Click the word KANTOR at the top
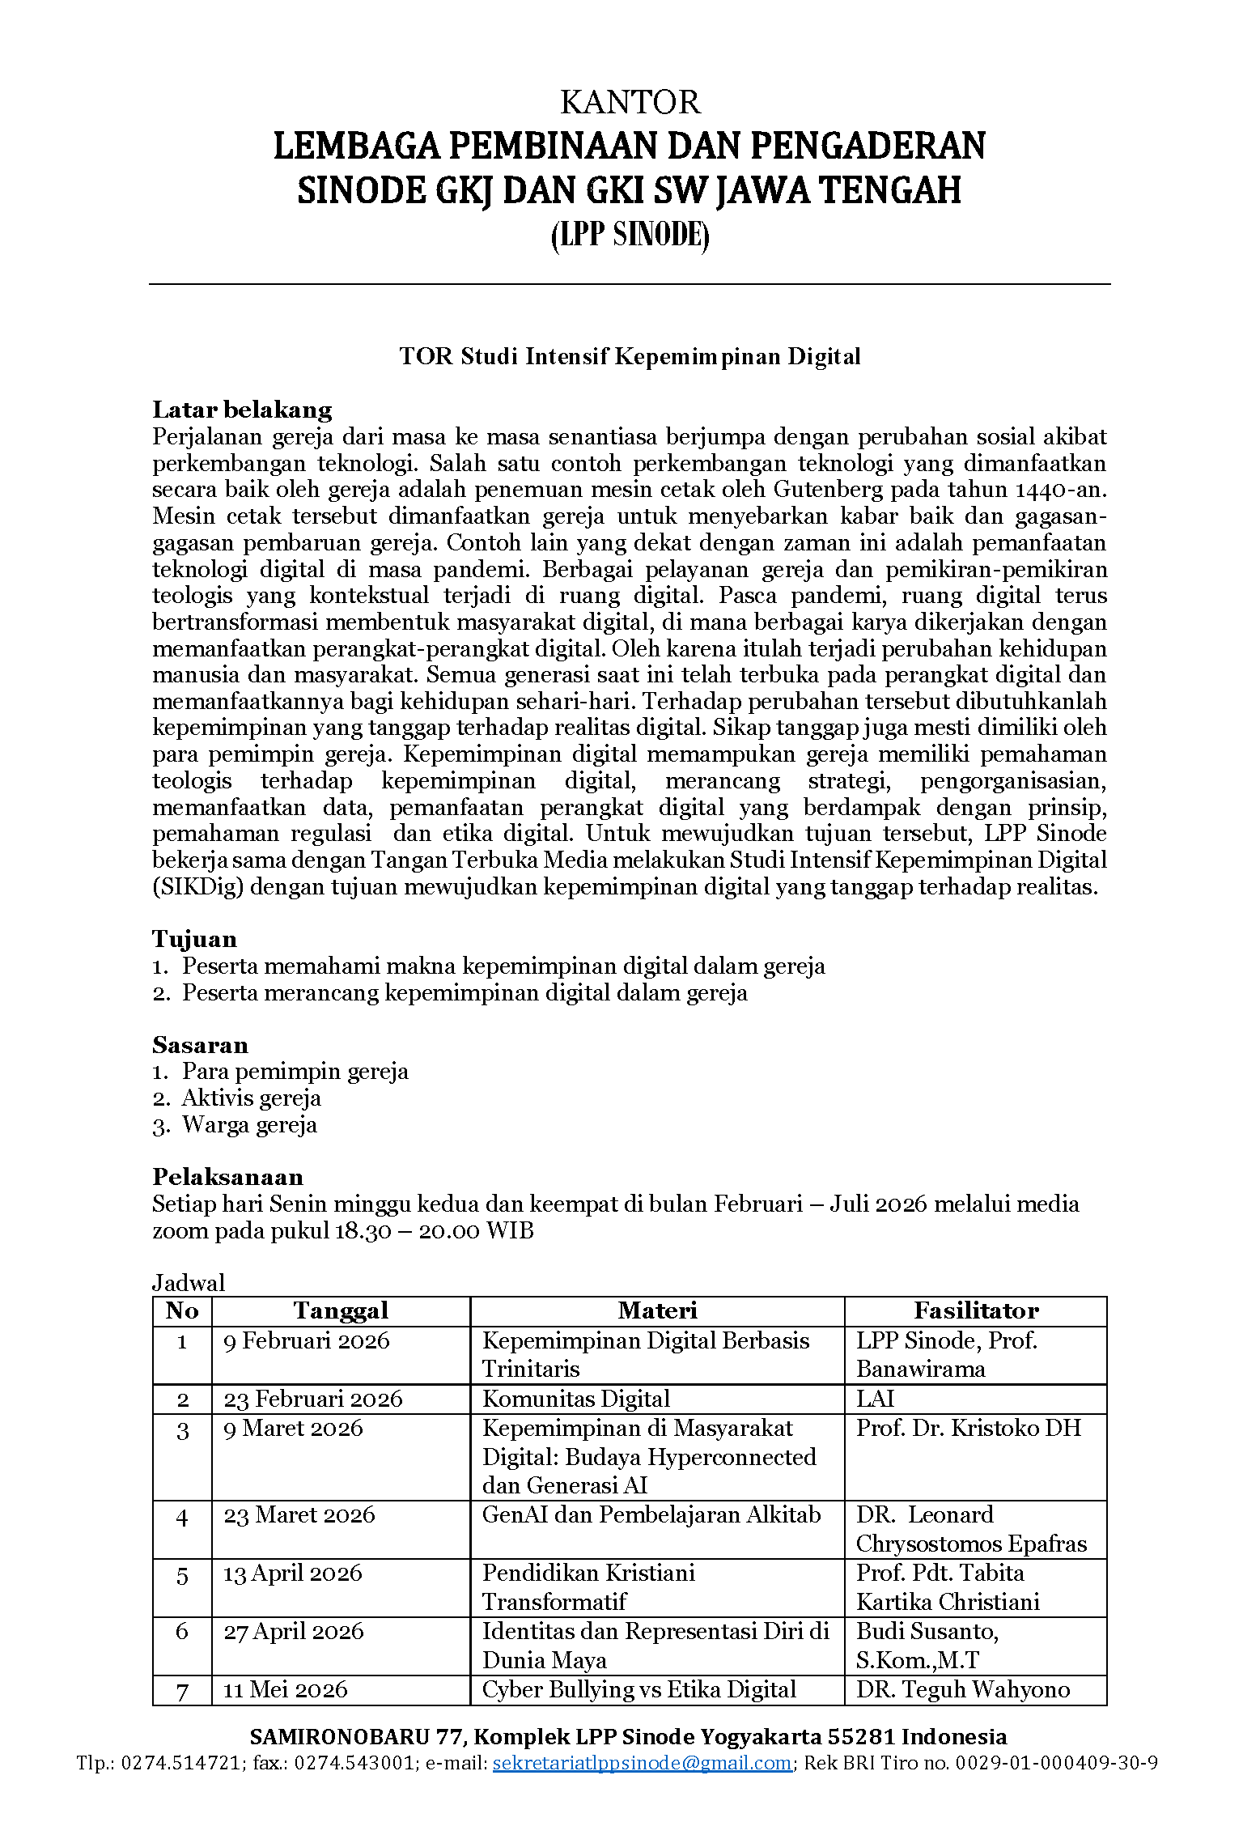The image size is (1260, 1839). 630,103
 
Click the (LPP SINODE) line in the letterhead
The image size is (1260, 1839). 630,236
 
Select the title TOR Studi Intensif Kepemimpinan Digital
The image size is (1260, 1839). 630,356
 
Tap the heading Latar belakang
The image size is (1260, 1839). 242,410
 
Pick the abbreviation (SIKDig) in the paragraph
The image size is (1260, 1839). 197,887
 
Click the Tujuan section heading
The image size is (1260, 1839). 194,939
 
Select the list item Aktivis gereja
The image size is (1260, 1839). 251,1098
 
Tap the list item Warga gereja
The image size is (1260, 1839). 249,1125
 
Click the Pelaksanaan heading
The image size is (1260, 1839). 227,1177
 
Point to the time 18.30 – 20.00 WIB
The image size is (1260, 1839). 434,1231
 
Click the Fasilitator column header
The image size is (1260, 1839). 976,1310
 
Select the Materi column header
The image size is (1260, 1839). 657,1310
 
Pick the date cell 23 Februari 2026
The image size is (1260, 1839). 312,1399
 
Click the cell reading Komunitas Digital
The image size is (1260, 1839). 576,1399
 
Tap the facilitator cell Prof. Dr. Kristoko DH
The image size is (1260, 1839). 968,1428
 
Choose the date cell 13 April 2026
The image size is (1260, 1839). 292,1573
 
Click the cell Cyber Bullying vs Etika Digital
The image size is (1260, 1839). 638,1689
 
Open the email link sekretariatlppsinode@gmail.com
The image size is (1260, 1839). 642,1763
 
